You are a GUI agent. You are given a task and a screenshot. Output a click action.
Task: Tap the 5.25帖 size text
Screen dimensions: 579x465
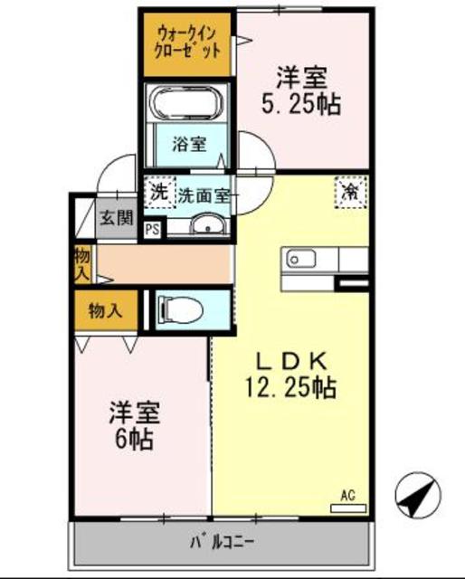click(303, 104)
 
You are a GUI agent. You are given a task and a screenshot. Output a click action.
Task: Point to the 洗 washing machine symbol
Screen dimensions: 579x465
click(158, 192)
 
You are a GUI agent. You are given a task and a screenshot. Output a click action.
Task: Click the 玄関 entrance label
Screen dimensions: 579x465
click(117, 217)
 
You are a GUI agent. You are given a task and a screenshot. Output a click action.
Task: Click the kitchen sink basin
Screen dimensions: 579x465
click(299, 260)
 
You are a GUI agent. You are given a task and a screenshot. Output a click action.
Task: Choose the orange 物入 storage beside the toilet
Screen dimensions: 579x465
click(105, 310)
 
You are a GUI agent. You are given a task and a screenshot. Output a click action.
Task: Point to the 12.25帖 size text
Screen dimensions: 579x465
click(289, 389)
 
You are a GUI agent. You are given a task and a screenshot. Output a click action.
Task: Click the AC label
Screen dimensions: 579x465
click(348, 495)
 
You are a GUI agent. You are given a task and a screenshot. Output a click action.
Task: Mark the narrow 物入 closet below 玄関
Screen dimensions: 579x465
click(81, 263)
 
